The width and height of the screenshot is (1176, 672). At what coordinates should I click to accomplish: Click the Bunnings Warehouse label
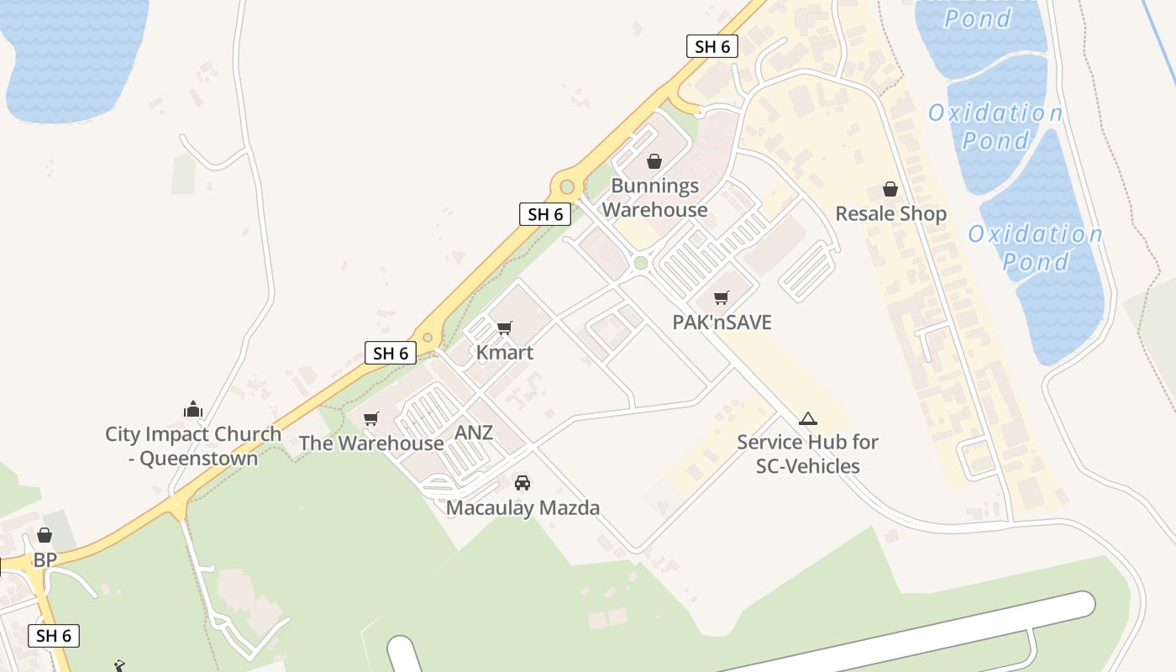point(655,198)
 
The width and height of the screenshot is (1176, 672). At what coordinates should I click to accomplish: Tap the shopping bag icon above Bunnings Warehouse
point(654,161)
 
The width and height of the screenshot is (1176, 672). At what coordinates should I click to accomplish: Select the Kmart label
point(505,352)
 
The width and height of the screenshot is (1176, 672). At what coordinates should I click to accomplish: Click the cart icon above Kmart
point(504,328)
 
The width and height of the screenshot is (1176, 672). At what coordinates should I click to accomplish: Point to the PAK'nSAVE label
point(722,323)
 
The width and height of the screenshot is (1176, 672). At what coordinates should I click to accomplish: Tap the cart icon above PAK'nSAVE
point(721,297)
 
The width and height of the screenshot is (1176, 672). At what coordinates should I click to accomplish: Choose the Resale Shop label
point(890,214)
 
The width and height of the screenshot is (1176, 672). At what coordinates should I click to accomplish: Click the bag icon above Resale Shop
point(890,190)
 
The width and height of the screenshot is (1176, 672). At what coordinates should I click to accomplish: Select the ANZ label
point(474,433)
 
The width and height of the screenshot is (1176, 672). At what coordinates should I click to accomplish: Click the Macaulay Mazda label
point(522,508)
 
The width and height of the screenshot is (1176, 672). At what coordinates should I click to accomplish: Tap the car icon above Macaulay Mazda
point(522,483)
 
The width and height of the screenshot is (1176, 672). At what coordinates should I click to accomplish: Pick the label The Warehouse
point(371,443)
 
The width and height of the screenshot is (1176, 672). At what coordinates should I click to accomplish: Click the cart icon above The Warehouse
point(370,418)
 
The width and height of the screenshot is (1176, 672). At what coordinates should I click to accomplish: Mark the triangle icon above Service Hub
point(808,418)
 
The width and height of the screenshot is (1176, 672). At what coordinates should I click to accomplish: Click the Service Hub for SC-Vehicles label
point(808,454)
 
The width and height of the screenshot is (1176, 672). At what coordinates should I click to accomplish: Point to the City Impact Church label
point(193,446)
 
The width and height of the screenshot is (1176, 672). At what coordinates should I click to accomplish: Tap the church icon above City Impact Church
point(193,410)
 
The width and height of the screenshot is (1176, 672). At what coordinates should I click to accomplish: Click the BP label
point(45,560)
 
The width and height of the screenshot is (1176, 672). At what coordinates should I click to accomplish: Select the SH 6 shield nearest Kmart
point(391,353)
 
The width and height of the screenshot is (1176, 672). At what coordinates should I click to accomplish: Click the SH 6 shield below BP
point(54,636)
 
